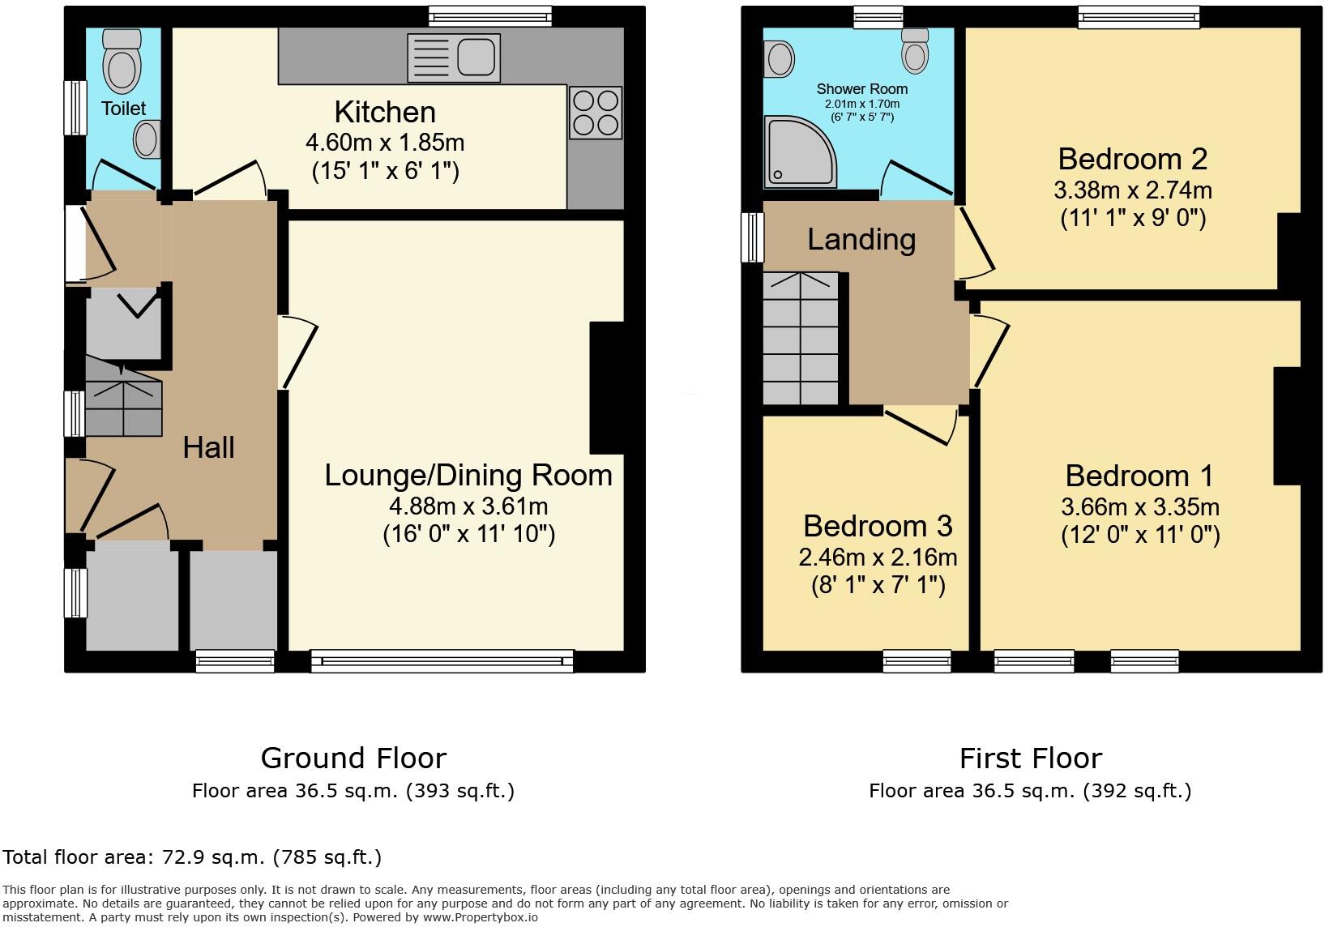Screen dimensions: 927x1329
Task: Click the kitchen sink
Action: [x=454, y=58]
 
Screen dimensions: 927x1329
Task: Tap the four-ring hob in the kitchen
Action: [x=596, y=113]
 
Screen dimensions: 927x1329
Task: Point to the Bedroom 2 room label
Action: [x=1132, y=158]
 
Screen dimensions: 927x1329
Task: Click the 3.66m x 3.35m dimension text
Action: [x=1139, y=507]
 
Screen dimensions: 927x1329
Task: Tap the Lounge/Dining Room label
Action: [x=468, y=475]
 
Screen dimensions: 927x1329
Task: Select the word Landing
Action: [x=861, y=239]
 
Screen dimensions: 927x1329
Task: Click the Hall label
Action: [x=208, y=447]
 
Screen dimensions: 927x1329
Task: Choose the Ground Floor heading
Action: [x=353, y=758]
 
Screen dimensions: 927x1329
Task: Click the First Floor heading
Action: [x=1030, y=758]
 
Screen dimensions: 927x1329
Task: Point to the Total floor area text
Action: [x=192, y=857]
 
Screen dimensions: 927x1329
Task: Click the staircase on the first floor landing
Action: [x=801, y=339]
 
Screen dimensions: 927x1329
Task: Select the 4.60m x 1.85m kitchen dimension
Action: [x=384, y=143]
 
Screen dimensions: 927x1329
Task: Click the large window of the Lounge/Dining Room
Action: [x=442, y=661]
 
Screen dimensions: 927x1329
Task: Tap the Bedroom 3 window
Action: [x=917, y=661]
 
